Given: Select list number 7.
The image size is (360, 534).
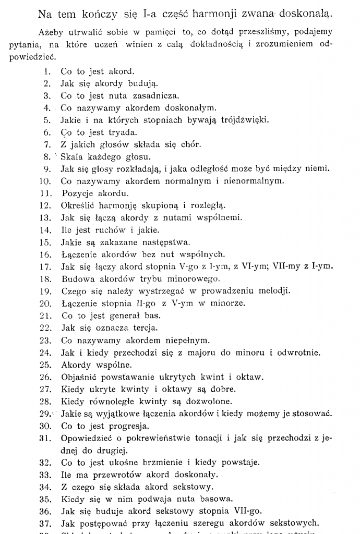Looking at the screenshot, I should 47,144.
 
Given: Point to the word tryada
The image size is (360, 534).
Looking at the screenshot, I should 122,132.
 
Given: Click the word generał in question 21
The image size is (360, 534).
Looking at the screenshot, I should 123,315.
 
